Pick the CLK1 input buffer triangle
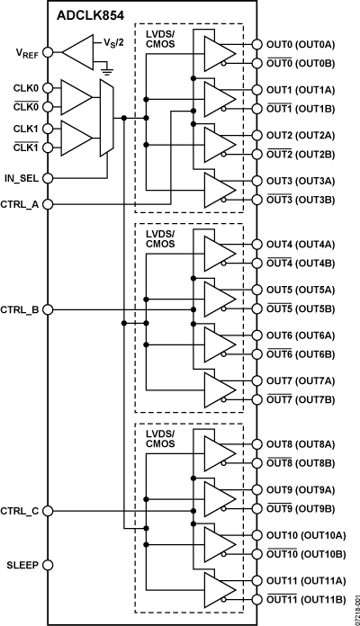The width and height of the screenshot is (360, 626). [x=76, y=138]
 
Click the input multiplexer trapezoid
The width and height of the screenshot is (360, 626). [x=109, y=117]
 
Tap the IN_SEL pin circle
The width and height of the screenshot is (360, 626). [x=49, y=178]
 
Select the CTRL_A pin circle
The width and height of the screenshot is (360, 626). [x=49, y=204]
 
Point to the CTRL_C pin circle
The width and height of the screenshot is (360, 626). [x=49, y=511]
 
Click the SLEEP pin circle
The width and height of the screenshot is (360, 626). [x=49, y=565]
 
